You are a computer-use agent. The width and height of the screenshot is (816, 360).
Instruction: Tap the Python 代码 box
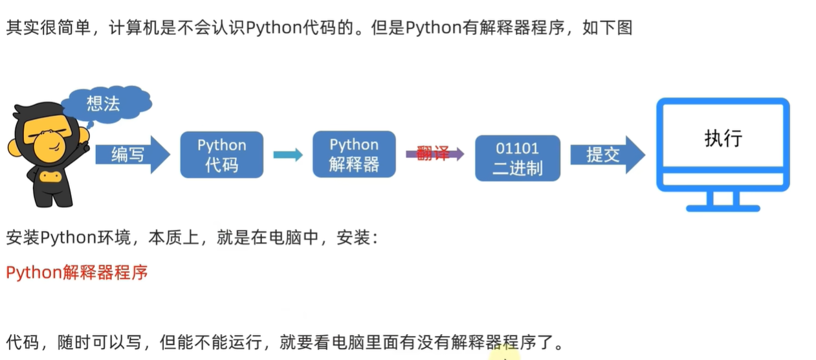point(222,155)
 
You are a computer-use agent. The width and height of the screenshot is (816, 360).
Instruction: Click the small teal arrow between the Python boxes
point(287,155)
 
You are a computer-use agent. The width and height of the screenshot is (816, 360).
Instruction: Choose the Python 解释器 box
point(353,154)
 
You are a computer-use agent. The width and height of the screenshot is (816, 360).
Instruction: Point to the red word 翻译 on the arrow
point(433,154)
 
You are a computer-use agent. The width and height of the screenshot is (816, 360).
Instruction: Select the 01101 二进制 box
point(517,158)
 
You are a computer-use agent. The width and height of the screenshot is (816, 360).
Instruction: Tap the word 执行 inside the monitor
point(723,139)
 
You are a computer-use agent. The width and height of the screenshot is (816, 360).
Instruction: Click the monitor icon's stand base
point(722,208)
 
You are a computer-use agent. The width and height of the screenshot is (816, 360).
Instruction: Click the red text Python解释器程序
point(77,273)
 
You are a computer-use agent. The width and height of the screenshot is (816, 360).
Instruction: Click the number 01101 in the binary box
point(517,148)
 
